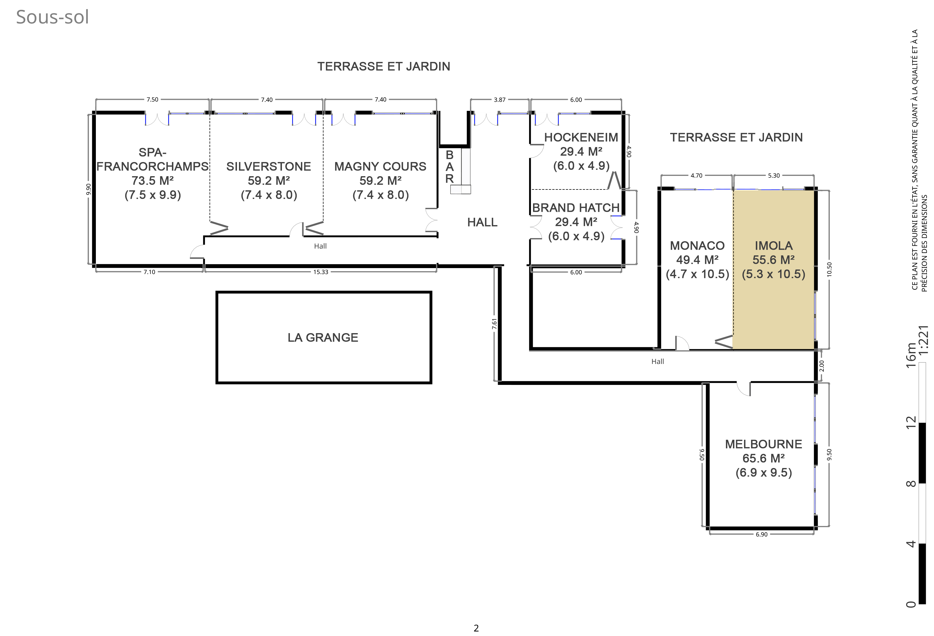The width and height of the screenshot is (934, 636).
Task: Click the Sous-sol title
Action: click(x=52, y=17)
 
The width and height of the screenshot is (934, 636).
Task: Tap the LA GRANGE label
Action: click(x=323, y=337)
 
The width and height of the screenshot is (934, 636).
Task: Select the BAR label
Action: click(x=449, y=167)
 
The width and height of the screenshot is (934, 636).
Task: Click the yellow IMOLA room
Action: click(x=774, y=269)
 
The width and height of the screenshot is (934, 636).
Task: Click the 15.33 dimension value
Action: click(x=321, y=272)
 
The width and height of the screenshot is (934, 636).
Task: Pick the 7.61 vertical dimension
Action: click(x=494, y=324)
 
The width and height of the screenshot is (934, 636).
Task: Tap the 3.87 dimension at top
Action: click(x=500, y=100)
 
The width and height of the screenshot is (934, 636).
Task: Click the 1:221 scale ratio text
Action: click(x=924, y=340)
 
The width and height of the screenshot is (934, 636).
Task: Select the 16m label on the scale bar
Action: click(x=911, y=355)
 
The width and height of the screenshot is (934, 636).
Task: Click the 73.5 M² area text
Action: click(x=153, y=180)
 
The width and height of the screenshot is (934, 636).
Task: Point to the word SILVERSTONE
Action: click(x=268, y=167)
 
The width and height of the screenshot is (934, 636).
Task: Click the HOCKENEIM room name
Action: click(x=581, y=137)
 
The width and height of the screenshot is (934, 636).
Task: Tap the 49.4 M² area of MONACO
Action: click(x=697, y=260)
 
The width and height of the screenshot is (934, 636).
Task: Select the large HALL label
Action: click(x=482, y=222)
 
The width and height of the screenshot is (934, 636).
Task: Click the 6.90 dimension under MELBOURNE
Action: click(x=762, y=534)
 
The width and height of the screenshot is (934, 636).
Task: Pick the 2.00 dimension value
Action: click(x=821, y=366)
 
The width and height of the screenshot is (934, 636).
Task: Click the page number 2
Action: click(x=476, y=628)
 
